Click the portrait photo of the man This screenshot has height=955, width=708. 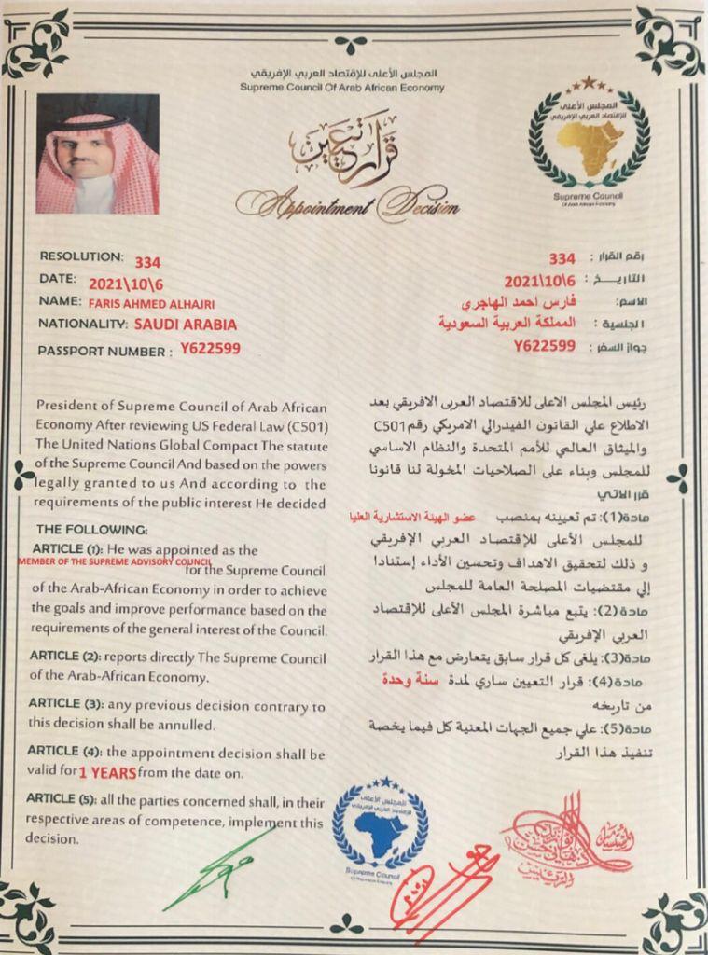tap(97, 154)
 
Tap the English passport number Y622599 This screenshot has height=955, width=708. tap(211, 350)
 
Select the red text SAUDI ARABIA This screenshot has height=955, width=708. tap(186, 325)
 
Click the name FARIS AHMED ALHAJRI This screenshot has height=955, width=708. tap(160, 302)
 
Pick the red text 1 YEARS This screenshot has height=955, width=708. tap(107, 773)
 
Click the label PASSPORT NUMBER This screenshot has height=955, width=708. tap(104, 351)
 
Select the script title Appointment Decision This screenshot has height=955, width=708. tap(348, 201)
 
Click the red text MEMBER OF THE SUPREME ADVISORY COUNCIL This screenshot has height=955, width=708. tap(115, 562)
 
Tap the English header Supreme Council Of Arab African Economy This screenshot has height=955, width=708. tap(341, 87)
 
